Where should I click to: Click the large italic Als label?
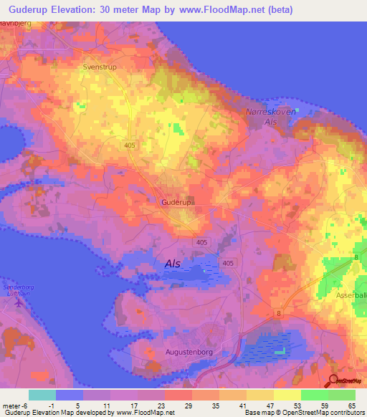[x=173, y=264]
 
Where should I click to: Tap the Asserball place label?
[x=351, y=295]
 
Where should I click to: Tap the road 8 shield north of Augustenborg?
[x=277, y=313]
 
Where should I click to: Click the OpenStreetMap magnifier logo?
[x=333, y=380]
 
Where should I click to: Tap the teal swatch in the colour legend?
[x=42, y=395]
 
